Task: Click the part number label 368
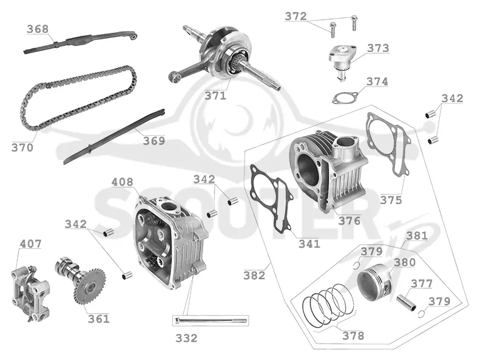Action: click(x=38, y=29)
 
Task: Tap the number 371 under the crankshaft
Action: click(x=216, y=96)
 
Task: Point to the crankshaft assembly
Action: click(x=224, y=58)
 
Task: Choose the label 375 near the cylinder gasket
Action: click(x=391, y=200)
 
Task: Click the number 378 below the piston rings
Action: click(x=353, y=336)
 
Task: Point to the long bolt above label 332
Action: click(x=211, y=320)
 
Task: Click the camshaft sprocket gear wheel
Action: click(x=90, y=286)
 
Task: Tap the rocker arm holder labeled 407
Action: click(x=30, y=293)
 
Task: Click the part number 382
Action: click(x=255, y=276)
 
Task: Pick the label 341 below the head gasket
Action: click(x=310, y=244)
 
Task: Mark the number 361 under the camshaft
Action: click(x=99, y=319)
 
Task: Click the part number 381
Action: click(x=417, y=236)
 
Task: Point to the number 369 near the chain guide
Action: click(x=154, y=141)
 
